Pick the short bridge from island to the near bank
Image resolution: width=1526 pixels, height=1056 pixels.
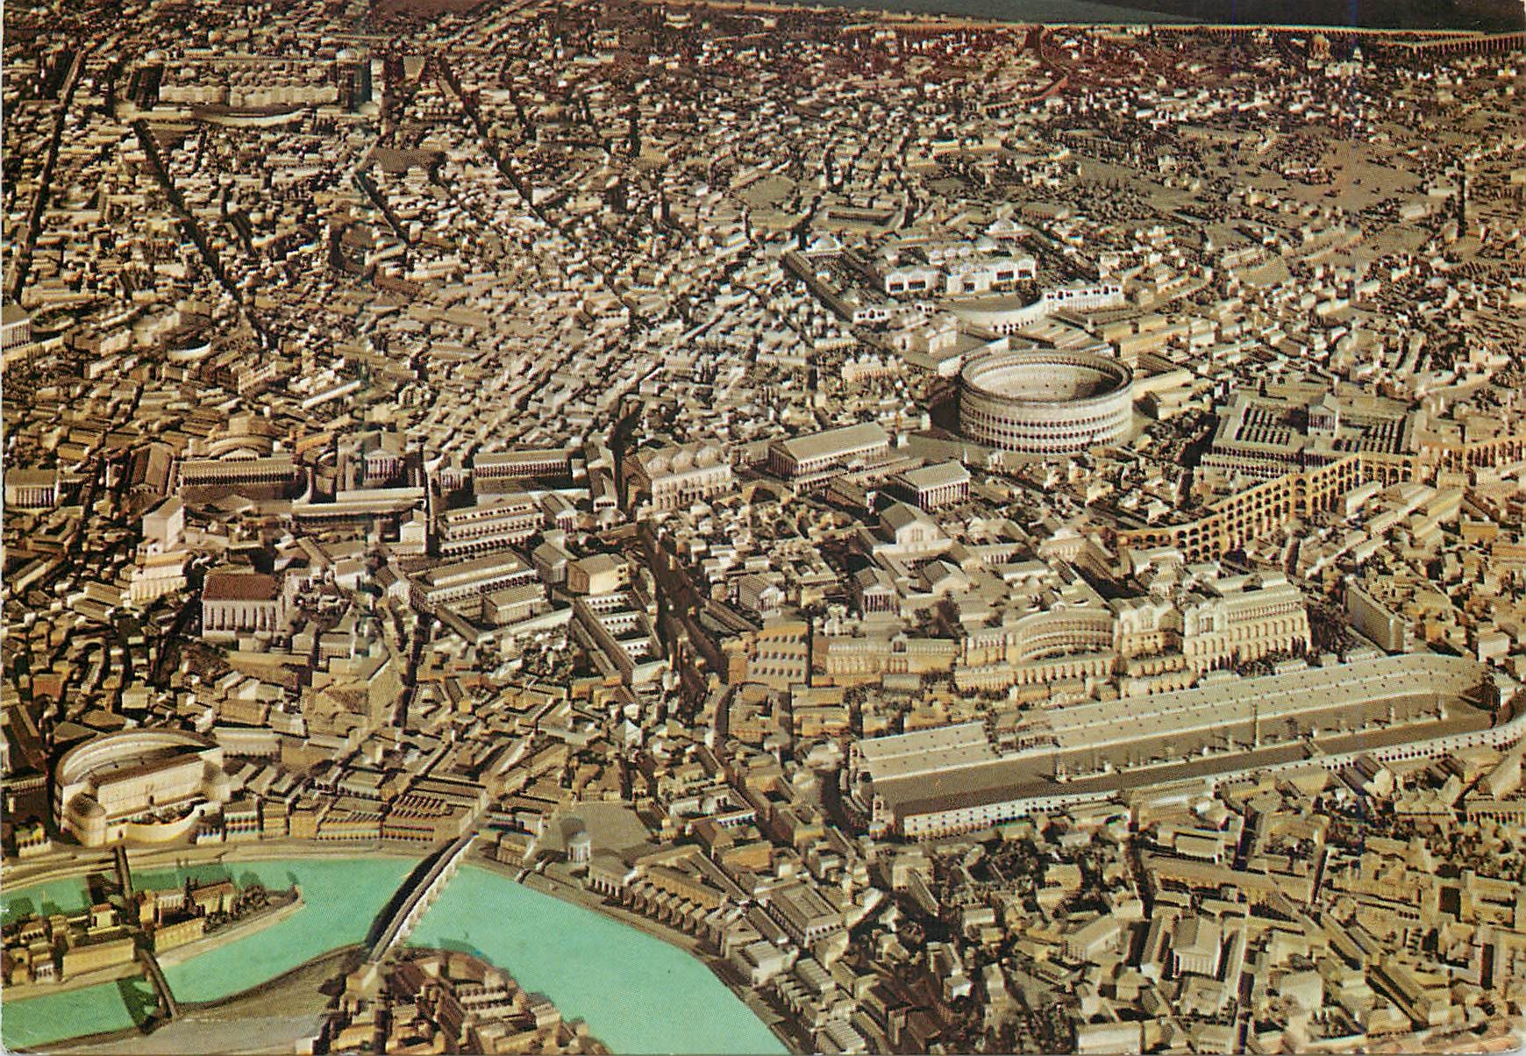[x=158, y=982]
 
